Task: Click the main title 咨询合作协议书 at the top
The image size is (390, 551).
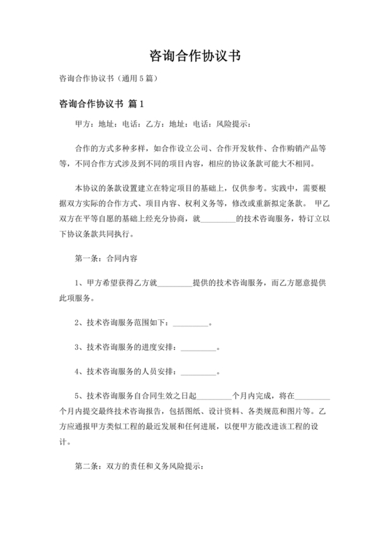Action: click(x=195, y=55)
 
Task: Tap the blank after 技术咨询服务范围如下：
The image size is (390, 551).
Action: click(x=190, y=324)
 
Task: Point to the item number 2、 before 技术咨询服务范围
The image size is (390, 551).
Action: click(x=79, y=324)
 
